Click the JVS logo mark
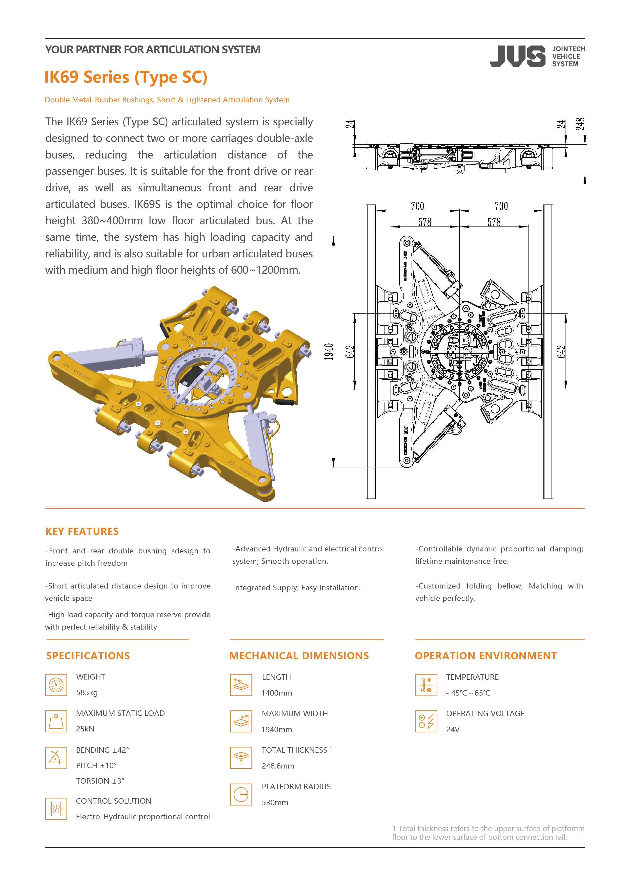click(x=517, y=56)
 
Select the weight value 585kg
click(x=87, y=692)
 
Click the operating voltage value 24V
click(x=453, y=729)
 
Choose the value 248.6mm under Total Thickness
click(x=278, y=766)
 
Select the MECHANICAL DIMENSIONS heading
click(x=299, y=656)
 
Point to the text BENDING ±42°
click(x=102, y=750)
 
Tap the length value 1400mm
click(x=277, y=693)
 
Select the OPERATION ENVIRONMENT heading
click(x=486, y=656)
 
